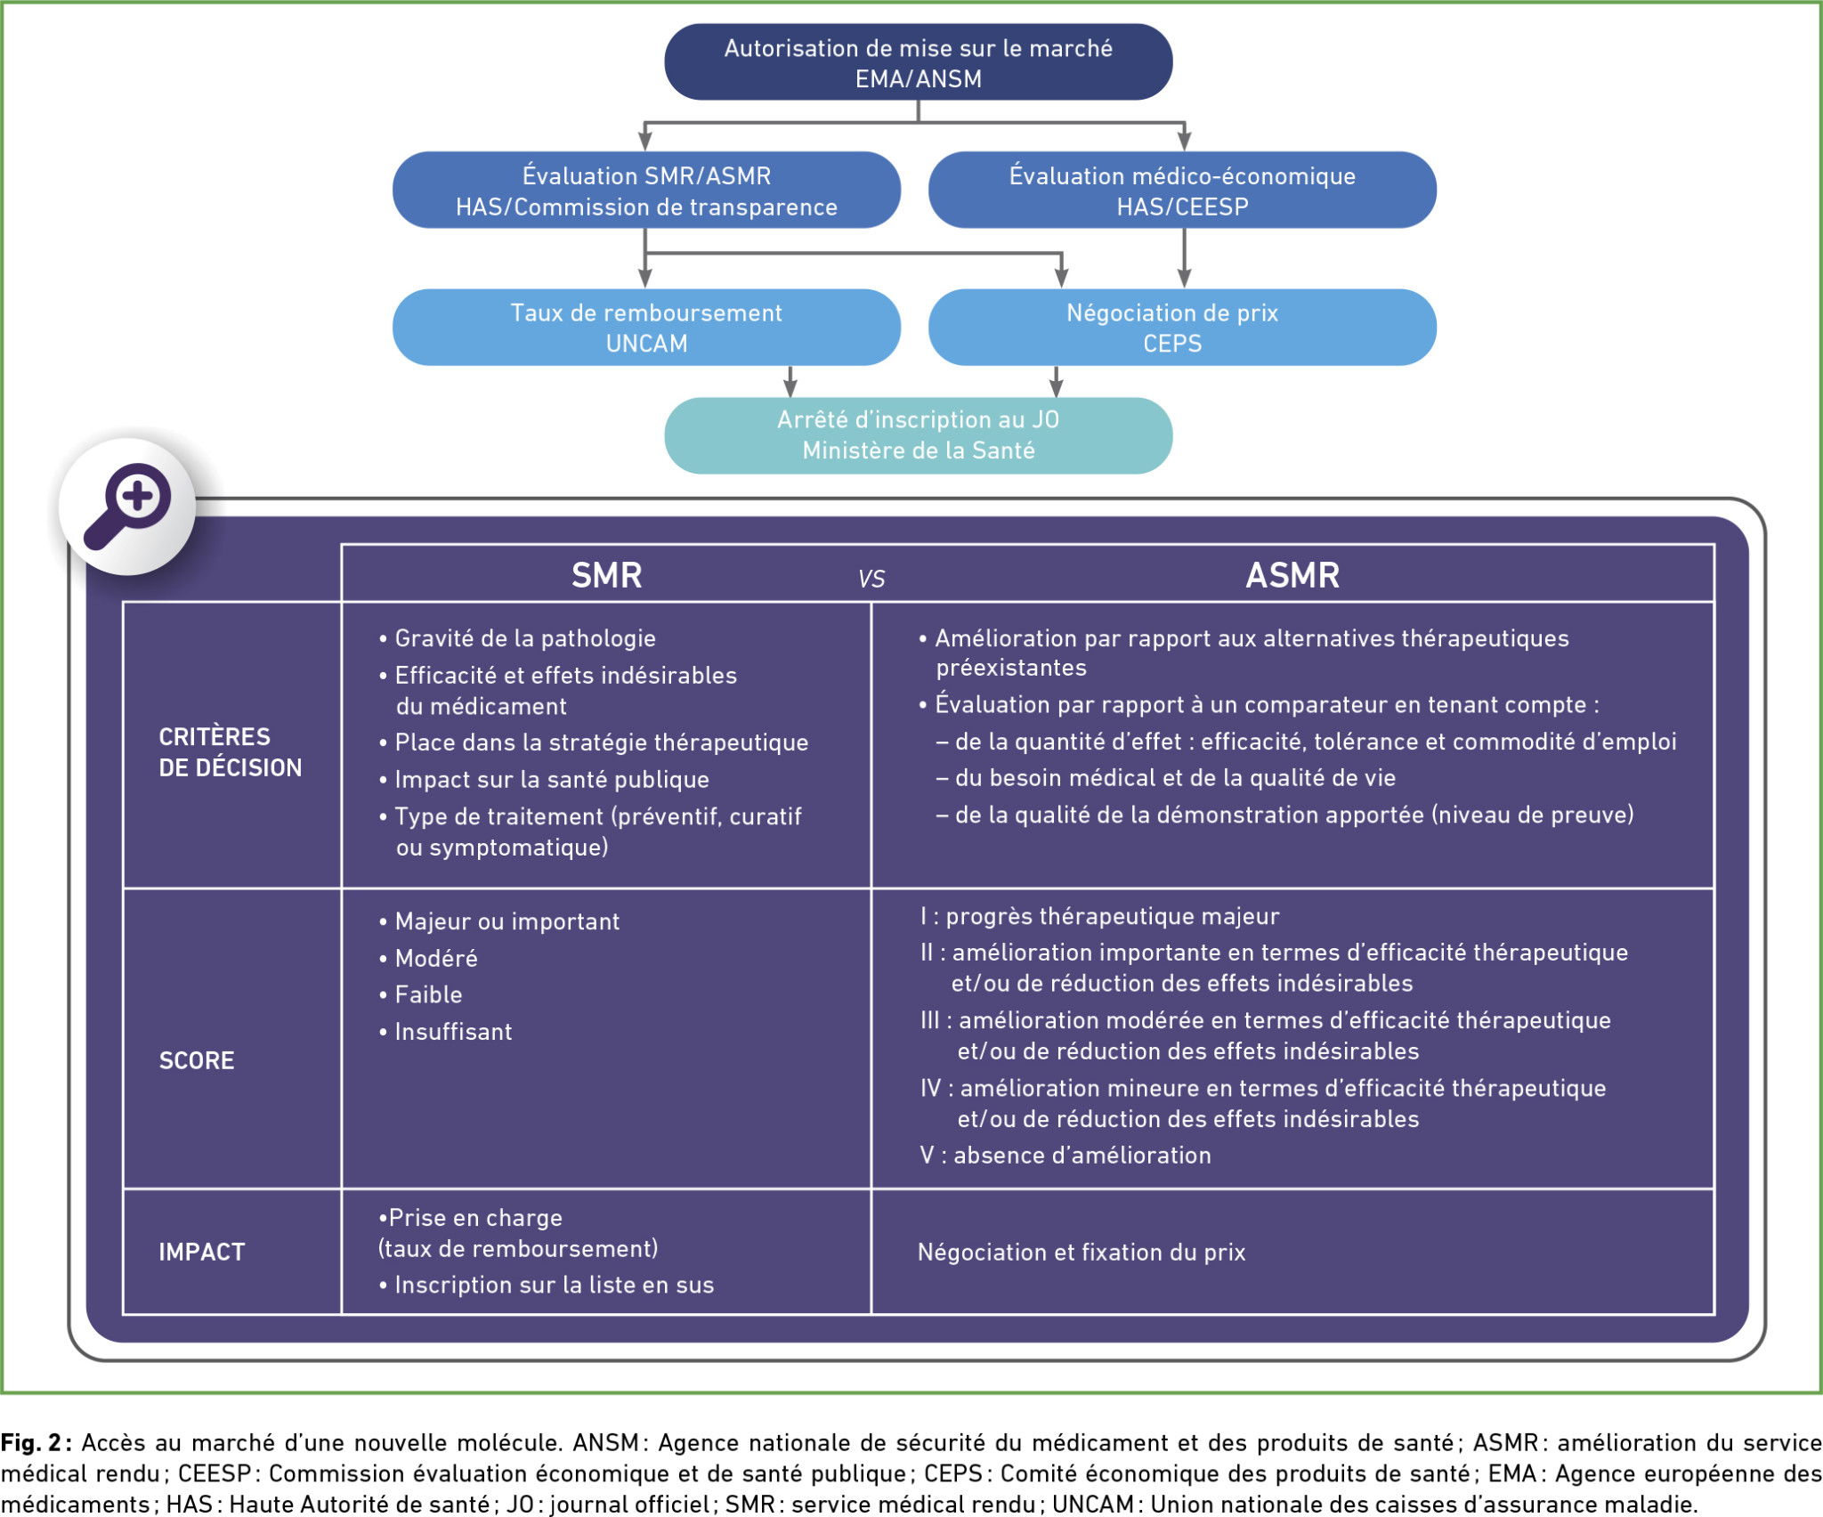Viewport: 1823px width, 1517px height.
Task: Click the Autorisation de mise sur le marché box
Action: coord(918,62)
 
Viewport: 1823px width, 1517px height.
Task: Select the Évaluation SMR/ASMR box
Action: coord(646,191)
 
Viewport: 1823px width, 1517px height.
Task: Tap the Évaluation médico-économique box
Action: coord(1182,191)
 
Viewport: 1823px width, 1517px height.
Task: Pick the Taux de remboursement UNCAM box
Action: coord(646,328)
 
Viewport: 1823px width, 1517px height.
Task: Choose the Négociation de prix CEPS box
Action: coord(1182,328)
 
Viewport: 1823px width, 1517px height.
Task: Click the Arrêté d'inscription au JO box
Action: coord(918,435)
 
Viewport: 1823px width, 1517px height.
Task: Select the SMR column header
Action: coord(606,575)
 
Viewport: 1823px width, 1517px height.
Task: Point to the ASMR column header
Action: coord(1292,575)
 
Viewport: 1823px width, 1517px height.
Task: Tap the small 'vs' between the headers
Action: coord(871,580)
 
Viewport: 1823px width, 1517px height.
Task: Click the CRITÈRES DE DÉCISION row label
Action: coord(230,752)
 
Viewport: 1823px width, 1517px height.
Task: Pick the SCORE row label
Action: coord(197,1060)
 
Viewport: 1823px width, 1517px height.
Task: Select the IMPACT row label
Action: coord(201,1252)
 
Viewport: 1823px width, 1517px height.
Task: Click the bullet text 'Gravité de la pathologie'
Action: coord(525,638)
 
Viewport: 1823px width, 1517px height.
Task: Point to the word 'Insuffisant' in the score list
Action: coord(453,1032)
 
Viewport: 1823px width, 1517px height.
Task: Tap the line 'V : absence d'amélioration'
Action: coord(1065,1156)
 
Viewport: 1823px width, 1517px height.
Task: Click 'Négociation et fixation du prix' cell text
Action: coord(1082,1252)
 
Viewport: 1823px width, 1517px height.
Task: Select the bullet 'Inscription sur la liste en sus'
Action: coord(554,1285)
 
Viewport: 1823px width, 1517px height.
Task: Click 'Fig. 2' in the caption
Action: coord(31,1442)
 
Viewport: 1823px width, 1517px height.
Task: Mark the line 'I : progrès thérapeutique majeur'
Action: coord(1100,916)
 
